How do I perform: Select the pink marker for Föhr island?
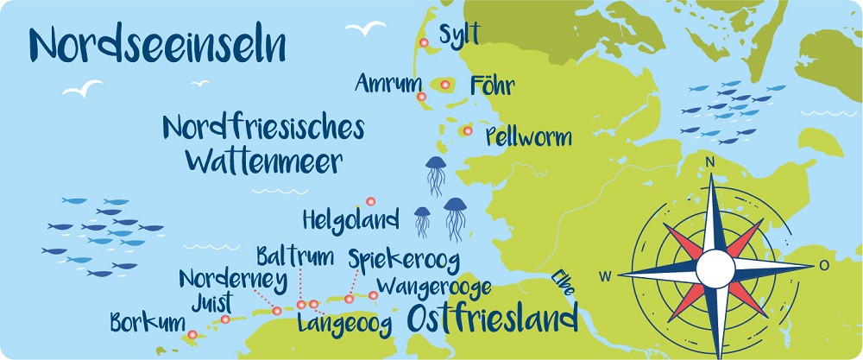click(444, 85)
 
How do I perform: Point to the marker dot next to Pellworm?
click(467, 131)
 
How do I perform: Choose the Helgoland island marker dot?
click(370, 201)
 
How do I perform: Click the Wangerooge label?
click(435, 286)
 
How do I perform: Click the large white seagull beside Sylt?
click(366, 28)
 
